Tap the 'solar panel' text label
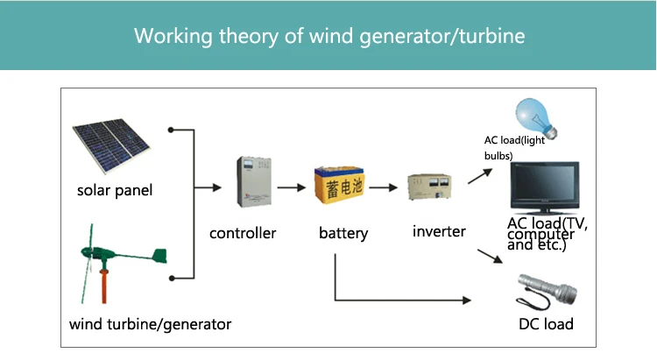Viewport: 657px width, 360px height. [115, 190]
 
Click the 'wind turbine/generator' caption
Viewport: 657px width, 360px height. [151, 324]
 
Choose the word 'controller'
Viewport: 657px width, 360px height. [243, 233]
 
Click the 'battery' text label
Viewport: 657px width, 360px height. [343, 234]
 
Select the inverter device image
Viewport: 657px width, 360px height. [430, 188]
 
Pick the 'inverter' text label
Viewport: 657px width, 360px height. [439, 232]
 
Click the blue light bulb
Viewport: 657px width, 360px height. [530, 116]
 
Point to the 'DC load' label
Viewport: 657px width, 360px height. [546, 324]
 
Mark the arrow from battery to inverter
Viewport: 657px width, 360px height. [385, 187]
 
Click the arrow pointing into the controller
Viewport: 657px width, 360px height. [208, 187]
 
